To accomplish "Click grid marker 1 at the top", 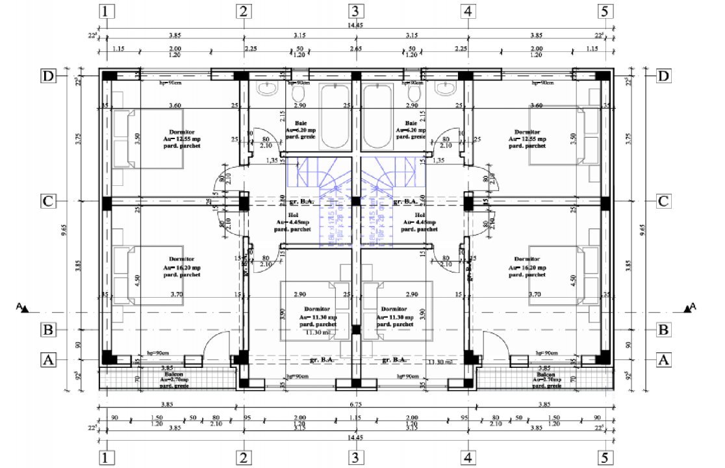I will pos(108,11).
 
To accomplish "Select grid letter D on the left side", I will pos(47,76).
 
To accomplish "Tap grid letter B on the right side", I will pos(663,330).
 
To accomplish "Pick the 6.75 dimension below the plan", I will pos(355,404).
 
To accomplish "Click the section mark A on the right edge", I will pos(690,307).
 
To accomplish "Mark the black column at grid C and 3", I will pos(355,202).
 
